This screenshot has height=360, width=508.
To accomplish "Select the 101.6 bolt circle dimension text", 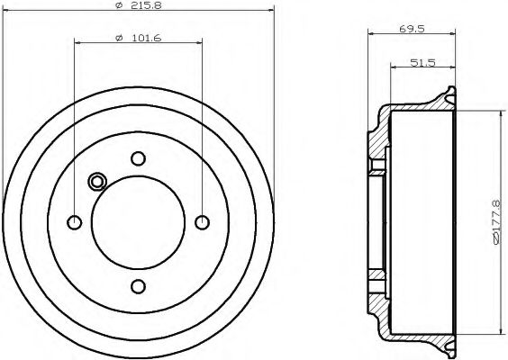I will [x=137, y=39].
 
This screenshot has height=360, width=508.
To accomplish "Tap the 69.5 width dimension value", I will [x=412, y=30].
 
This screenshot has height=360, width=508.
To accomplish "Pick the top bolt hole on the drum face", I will [x=138, y=158].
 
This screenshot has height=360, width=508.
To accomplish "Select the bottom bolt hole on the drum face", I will [x=138, y=286].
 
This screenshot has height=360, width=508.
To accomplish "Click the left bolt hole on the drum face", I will [x=75, y=222].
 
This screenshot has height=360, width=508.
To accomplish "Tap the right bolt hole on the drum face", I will [x=202, y=222].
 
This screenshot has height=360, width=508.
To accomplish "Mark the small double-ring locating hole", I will [x=97, y=182].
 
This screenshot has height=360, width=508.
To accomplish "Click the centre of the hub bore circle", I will [x=138, y=222].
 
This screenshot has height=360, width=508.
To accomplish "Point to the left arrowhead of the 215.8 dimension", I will [x=10, y=9].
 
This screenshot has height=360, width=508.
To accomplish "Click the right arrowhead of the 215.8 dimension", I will [x=268, y=9].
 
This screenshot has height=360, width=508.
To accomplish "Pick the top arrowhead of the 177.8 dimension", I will [x=501, y=115].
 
